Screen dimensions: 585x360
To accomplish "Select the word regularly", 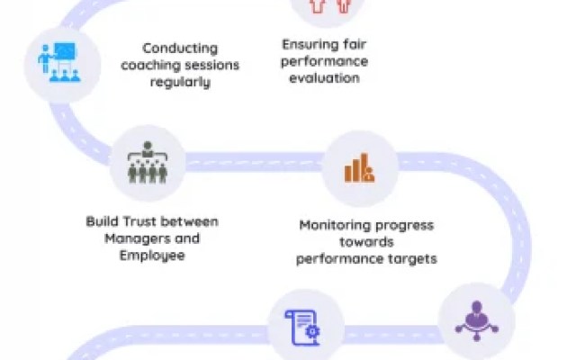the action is coord(181,82).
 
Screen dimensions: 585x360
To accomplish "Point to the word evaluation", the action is coord(325,77).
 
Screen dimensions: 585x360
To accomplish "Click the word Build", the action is coord(101,221).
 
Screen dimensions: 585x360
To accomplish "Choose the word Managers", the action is coord(135,238).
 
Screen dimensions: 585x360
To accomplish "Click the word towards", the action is coord(367,241).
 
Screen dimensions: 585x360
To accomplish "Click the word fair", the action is coord(351,45).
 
